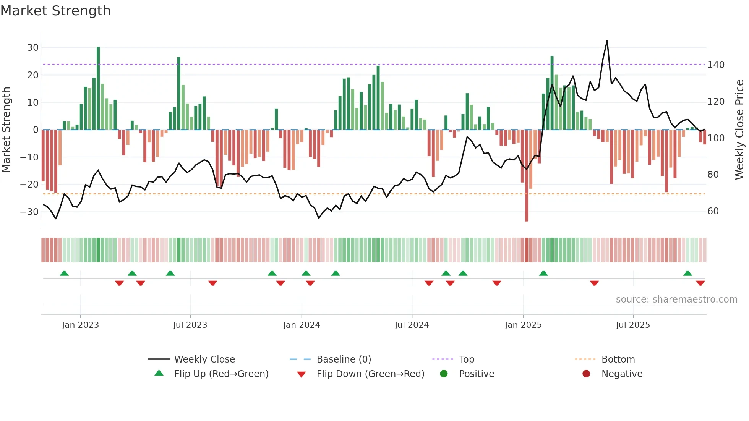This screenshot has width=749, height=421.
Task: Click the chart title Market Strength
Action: (55, 11)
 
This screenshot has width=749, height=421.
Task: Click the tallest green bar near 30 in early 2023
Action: (98, 88)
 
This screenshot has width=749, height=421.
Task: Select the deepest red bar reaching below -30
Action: (527, 176)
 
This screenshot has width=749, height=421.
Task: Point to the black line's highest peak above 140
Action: (607, 41)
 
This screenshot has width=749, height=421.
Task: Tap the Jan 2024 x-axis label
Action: (301, 325)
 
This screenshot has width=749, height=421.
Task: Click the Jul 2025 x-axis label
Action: (632, 325)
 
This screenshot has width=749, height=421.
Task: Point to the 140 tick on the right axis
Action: (716, 65)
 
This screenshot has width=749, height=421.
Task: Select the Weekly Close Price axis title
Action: (739, 130)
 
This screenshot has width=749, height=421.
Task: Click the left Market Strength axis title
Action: (6, 130)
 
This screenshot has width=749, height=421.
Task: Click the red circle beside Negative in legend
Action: (586, 374)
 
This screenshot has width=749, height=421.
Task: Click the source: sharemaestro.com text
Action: (676, 300)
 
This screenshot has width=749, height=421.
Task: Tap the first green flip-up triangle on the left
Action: (64, 274)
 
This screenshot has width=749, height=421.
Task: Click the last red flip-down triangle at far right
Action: (700, 283)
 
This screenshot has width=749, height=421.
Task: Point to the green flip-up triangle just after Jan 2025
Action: (543, 274)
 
